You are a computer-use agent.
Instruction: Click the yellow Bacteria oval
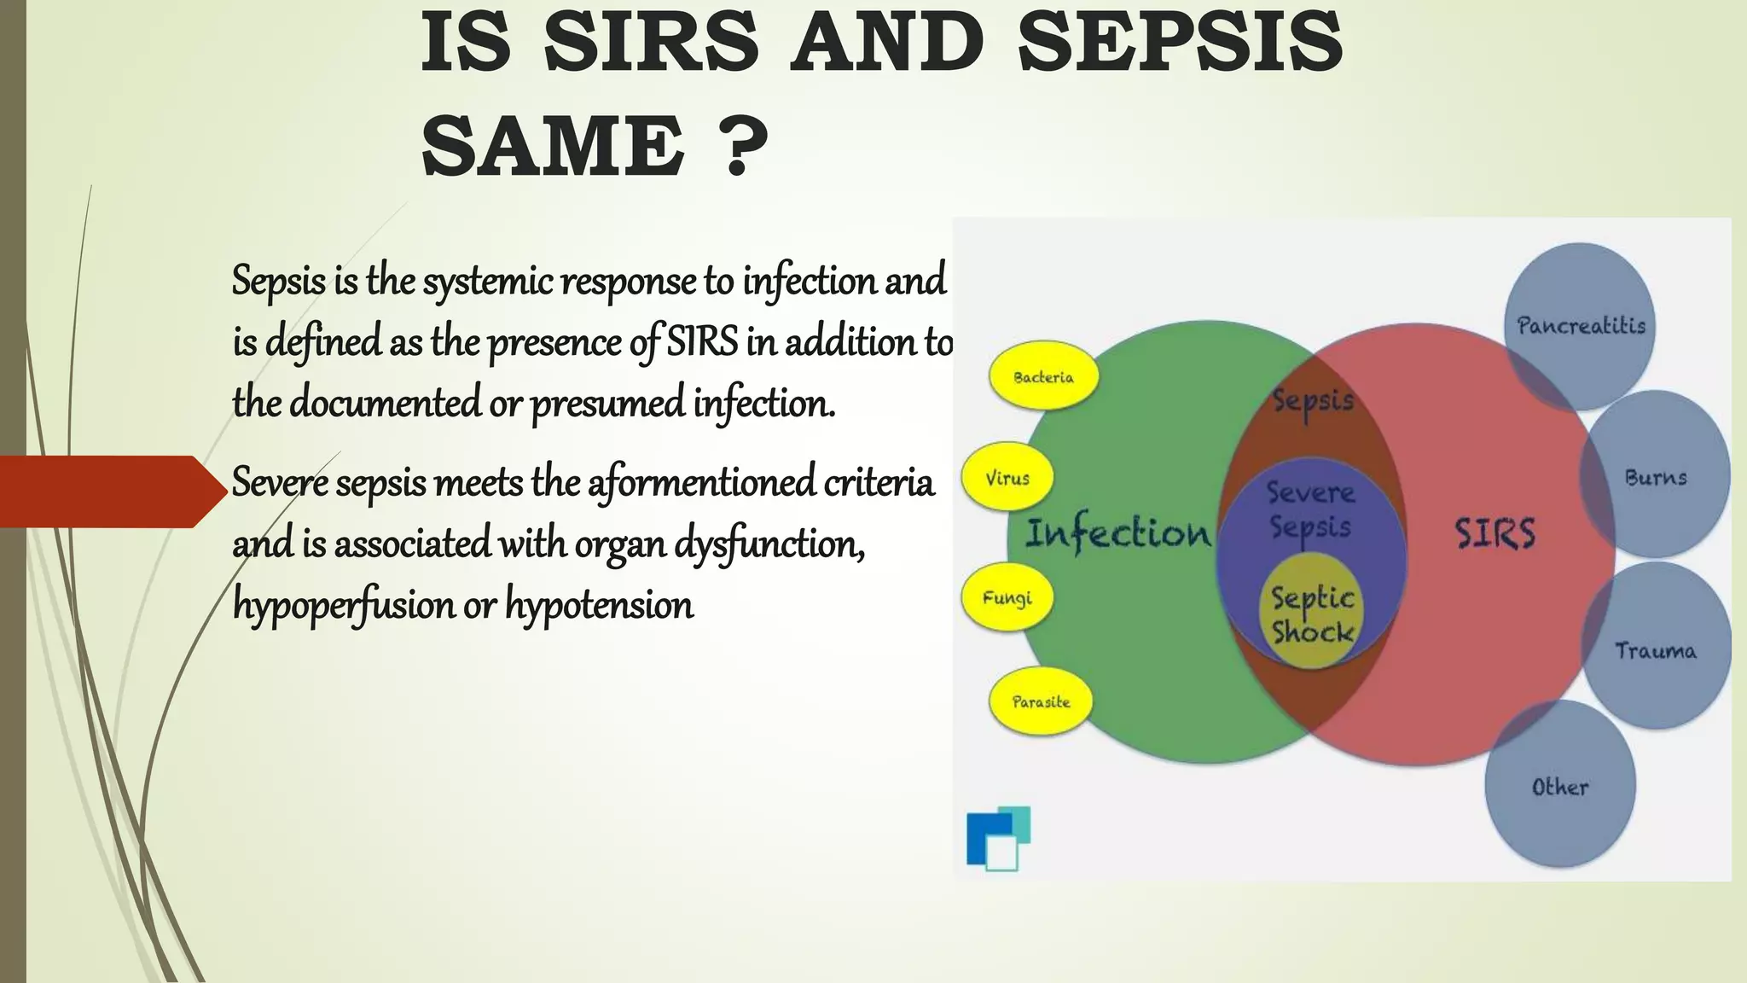point(1043,376)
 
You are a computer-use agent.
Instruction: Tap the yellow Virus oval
point(1007,478)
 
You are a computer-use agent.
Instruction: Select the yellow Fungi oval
point(1007,597)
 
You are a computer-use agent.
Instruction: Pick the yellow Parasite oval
point(1041,701)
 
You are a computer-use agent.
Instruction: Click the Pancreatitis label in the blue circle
point(1581,325)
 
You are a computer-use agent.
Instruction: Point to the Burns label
point(1656,477)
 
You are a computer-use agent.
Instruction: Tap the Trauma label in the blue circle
point(1656,651)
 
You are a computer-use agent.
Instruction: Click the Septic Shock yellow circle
point(1312,614)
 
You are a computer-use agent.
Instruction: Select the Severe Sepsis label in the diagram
point(1310,509)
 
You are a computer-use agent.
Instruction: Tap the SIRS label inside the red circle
point(1495,533)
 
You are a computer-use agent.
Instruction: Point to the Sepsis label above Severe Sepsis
point(1313,400)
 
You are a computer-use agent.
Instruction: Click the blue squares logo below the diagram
point(997,839)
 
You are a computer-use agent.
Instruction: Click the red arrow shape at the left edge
point(111,491)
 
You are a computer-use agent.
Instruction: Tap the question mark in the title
point(739,146)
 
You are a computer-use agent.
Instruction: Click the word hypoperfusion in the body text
point(344,605)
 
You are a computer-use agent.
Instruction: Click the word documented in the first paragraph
point(386,403)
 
